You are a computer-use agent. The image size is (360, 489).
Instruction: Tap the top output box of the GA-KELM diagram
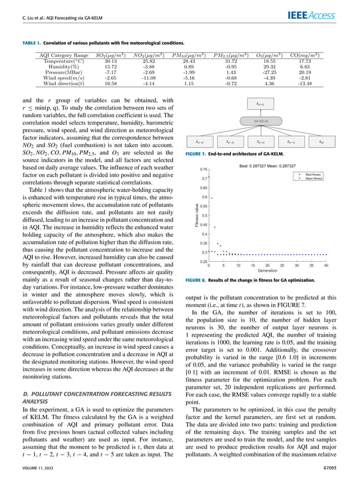[x=260, y=104]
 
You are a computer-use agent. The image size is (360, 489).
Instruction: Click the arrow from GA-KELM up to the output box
[x=260, y=112]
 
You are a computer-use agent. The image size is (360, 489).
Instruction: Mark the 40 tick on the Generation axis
[x=327, y=265]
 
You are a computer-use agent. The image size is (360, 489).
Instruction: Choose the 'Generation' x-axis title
[x=267, y=270]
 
